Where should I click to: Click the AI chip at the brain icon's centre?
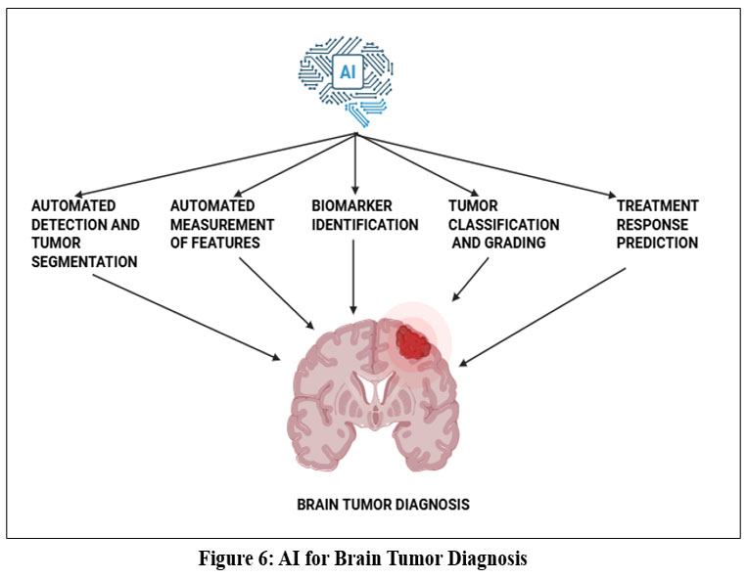point(348,71)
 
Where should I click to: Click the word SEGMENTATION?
point(84,262)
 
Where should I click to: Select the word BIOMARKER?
point(351,206)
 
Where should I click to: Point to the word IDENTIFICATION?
point(365,225)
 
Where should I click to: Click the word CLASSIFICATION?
point(504,225)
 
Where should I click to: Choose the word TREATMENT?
point(657,206)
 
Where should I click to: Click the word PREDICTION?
point(657,244)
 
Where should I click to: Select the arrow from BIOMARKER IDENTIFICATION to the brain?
point(353,284)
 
